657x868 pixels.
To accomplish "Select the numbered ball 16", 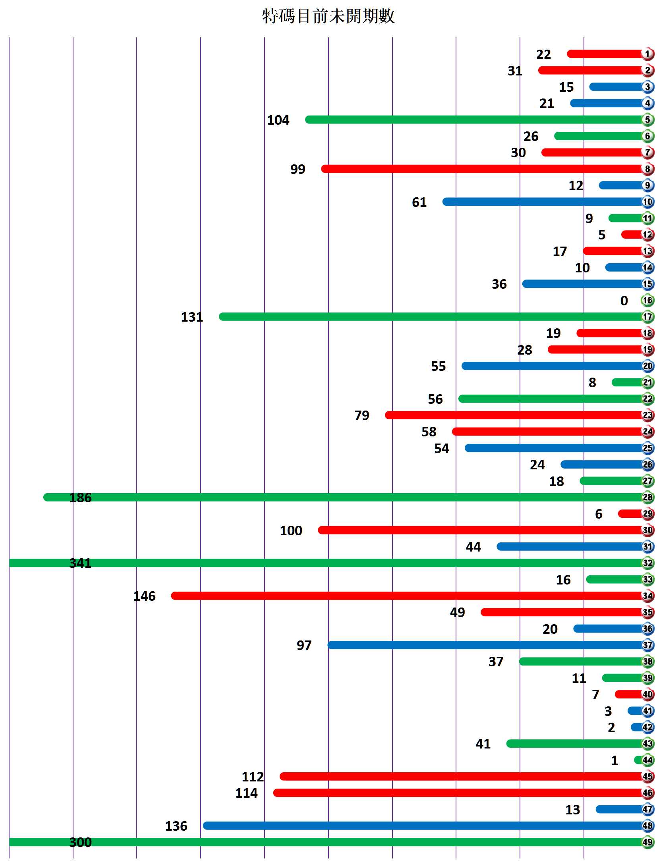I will pyautogui.click(x=647, y=300).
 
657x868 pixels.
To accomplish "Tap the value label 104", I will pyautogui.click(x=278, y=120).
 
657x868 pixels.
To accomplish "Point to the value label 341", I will pyautogui.click(x=80, y=563).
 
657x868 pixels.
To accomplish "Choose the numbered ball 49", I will pyautogui.click(x=647, y=842).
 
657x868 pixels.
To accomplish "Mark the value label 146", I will pyautogui.click(x=144, y=596).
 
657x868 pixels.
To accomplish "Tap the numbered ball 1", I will pyautogui.click(x=647, y=54).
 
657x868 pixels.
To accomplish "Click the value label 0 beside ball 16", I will pyautogui.click(x=624, y=301).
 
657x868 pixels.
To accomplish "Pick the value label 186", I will pyautogui.click(x=80, y=498).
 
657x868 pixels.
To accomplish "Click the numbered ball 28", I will pyautogui.click(x=647, y=497).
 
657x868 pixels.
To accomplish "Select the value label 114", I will pyautogui.click(x=246, y=793).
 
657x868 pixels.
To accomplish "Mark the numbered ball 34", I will pyautogui.click(x=647, y=596).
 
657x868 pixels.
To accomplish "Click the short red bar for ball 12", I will pyautogui.click(x=632, y=235).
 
